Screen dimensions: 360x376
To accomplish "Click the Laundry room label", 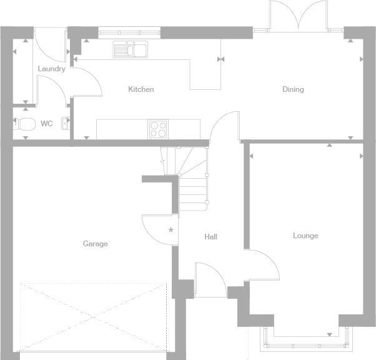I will [51, 69].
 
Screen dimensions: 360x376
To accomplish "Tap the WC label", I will [47, 124].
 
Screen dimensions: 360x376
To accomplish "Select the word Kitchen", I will [141, 89].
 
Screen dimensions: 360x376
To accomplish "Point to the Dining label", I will [293, 89].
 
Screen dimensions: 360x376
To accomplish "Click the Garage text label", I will [96, 244].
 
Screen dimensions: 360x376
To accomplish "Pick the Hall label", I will [210, 237].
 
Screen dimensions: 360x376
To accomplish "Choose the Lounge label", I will [305, 236].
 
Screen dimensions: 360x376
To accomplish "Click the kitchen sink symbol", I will [130, 49].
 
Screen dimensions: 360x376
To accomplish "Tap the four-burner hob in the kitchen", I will [158, 129].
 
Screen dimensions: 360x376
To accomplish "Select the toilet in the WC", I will [26, 124].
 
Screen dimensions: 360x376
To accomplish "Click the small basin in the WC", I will [65, 124].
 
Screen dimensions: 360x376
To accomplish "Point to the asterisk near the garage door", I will [171, 231].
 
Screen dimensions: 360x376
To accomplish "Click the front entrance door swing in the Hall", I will [210, 278].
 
